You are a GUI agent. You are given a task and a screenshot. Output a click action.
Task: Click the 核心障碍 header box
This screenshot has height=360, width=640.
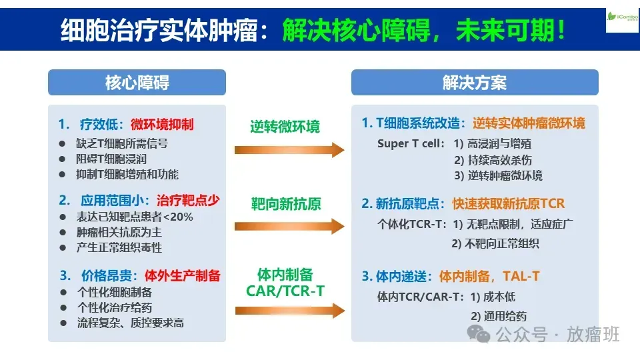(x=137, y=83)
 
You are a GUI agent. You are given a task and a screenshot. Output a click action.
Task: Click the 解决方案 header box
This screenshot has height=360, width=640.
(x=475, y=83)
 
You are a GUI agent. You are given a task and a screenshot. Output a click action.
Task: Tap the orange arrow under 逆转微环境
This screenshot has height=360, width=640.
(x=289, y=150)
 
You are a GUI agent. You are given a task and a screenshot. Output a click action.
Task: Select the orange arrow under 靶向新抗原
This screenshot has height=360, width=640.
(x=289, y=226)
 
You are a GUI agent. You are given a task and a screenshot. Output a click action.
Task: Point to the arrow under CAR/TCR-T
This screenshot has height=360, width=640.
(x=290, y=311)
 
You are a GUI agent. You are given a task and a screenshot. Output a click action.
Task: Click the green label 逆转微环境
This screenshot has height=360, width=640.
(x=285, y=127)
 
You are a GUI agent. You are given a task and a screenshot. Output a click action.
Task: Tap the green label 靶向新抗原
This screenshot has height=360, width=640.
(x=286, y=204)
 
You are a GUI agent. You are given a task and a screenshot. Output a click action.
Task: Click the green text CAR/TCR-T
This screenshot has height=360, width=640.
(x=285, y=291)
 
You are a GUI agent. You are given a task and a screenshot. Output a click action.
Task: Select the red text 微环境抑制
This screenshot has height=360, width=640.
(x=162, y=125)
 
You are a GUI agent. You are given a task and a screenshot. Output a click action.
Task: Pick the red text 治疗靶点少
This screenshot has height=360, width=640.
(x=188, y=201)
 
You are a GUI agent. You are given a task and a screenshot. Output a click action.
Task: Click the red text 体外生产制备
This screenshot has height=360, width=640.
(x=183, y=275)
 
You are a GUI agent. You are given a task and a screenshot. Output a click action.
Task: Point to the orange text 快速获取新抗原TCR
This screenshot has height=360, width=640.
(x=508, y=203)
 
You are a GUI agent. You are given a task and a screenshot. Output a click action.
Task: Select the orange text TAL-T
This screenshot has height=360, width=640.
(x=521, y=276)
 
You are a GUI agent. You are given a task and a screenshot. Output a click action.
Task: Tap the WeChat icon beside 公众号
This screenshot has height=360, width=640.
(x=478, y=334)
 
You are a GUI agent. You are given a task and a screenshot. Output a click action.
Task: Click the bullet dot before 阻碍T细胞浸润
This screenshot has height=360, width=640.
(x=62, y=159)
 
